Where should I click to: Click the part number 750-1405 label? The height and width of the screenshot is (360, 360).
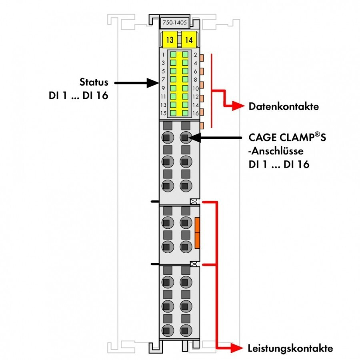point(174,22)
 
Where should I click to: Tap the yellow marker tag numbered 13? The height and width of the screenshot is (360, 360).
point(170,40)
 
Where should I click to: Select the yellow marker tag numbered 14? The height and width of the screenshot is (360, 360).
point(189,40)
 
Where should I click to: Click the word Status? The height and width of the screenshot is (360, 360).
point(94,82)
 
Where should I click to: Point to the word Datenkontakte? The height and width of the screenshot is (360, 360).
point(284,106)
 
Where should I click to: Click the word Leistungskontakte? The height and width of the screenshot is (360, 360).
point(290,348)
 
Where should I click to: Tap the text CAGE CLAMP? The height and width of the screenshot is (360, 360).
point(281,138)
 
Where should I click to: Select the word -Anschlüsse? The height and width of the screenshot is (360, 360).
point(276,151)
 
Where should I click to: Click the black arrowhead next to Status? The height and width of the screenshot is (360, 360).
point(153,83)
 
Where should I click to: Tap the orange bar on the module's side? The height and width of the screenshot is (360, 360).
point(197,233)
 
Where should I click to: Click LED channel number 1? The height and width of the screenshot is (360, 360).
point(163,55)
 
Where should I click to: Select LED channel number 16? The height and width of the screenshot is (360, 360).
point(196,113)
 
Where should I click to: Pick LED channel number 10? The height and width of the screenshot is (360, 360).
point(196,88)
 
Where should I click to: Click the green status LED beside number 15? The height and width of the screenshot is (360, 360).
point(173,113)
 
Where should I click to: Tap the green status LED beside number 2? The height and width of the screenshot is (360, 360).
point(185,55)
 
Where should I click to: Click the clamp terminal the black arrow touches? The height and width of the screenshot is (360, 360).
point(186,138)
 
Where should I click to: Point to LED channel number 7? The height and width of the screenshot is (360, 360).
point(163,80)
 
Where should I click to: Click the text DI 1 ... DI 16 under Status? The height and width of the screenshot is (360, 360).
point(78,96)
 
